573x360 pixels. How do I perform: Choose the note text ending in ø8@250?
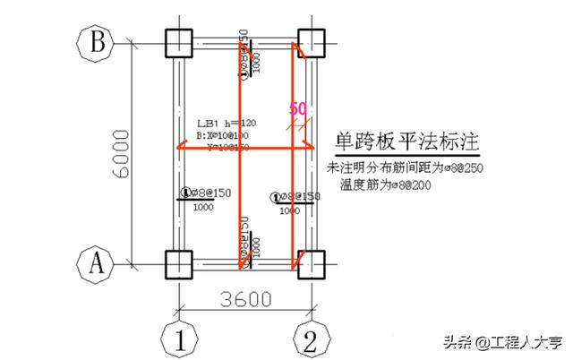coord(406,168)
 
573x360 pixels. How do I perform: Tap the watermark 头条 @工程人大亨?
coord(501,341)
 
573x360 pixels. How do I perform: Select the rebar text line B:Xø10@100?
coord(223,136)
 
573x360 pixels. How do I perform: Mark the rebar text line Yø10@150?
coord(229,147)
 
